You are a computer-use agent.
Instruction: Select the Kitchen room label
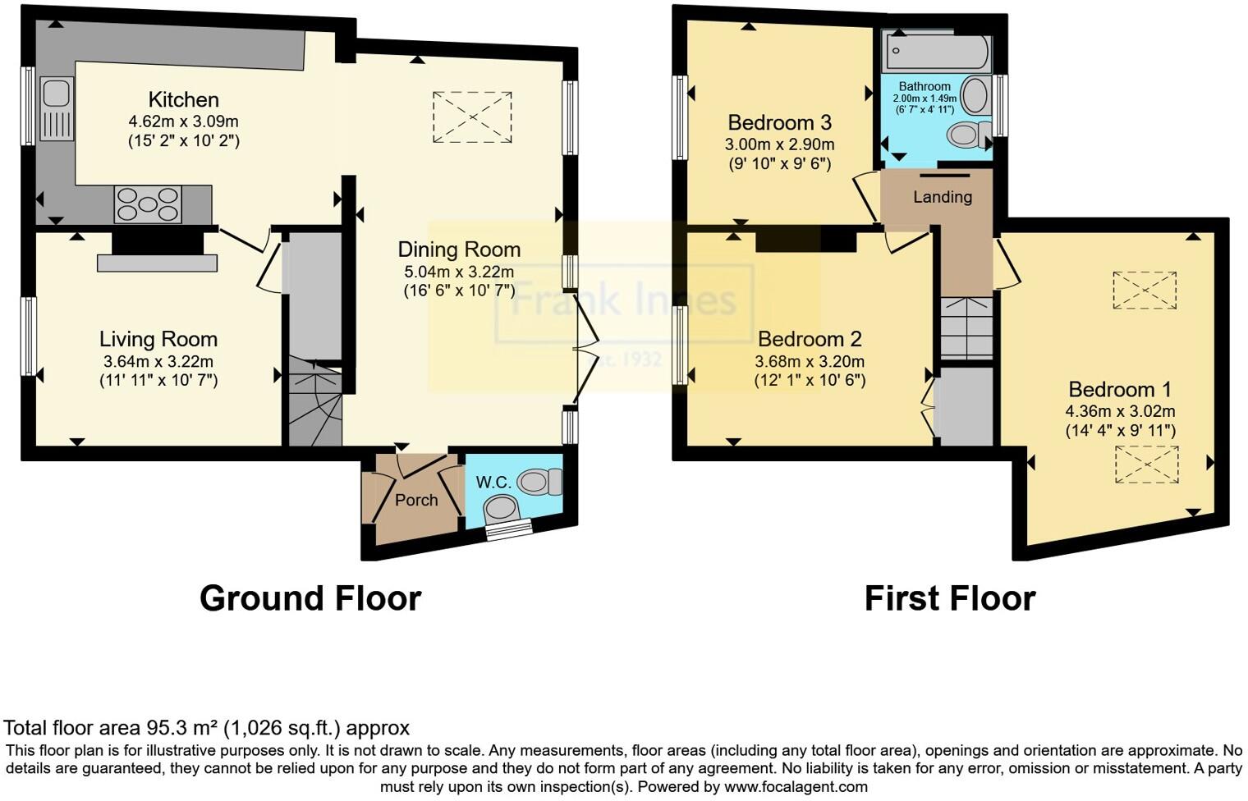click(183, 100)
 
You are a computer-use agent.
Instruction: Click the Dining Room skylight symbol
click(472, 117)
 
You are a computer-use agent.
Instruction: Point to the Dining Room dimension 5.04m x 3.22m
click(459, 272)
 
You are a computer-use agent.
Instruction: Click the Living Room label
click(158, 339)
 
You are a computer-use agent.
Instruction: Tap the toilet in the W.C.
click(539, 481)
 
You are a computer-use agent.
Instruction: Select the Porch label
click(416, 500)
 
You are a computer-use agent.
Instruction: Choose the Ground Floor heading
click(310, 598)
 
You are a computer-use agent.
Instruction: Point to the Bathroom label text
click(925, 86)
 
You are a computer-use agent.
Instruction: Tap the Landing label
click(943, 197)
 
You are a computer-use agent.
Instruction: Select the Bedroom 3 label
click(779, 123)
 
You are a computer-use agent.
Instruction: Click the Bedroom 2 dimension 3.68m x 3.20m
click(809, 361)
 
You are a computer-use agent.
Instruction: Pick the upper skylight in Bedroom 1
click(1144, 290)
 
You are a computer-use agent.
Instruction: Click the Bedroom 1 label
click(1120, 389)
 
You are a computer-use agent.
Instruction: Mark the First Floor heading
click(949, 598)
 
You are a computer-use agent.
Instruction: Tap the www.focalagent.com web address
click(795, 786)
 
